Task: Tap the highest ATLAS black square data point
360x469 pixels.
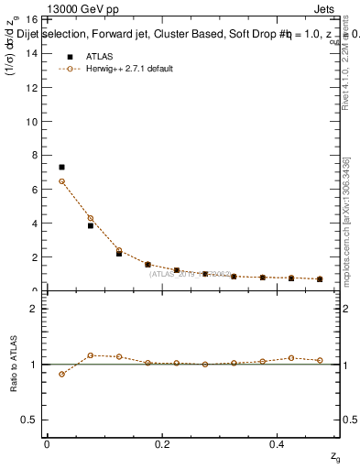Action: tap(61, 168)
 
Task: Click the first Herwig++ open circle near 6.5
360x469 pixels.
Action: tap(61, 181)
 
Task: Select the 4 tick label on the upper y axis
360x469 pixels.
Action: tap(33, 224)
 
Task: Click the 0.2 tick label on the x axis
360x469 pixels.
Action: tap(162, 444)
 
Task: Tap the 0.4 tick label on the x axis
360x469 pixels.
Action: tap(278, 444)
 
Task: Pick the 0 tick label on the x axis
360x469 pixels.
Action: tap(47, 444)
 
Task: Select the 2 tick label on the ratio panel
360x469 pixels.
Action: tap(33, 309)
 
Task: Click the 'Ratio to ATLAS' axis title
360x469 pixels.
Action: tap(14, 364)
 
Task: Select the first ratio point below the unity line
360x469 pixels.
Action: tap(61, 374)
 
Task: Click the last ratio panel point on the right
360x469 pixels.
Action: tap(320, 360)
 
